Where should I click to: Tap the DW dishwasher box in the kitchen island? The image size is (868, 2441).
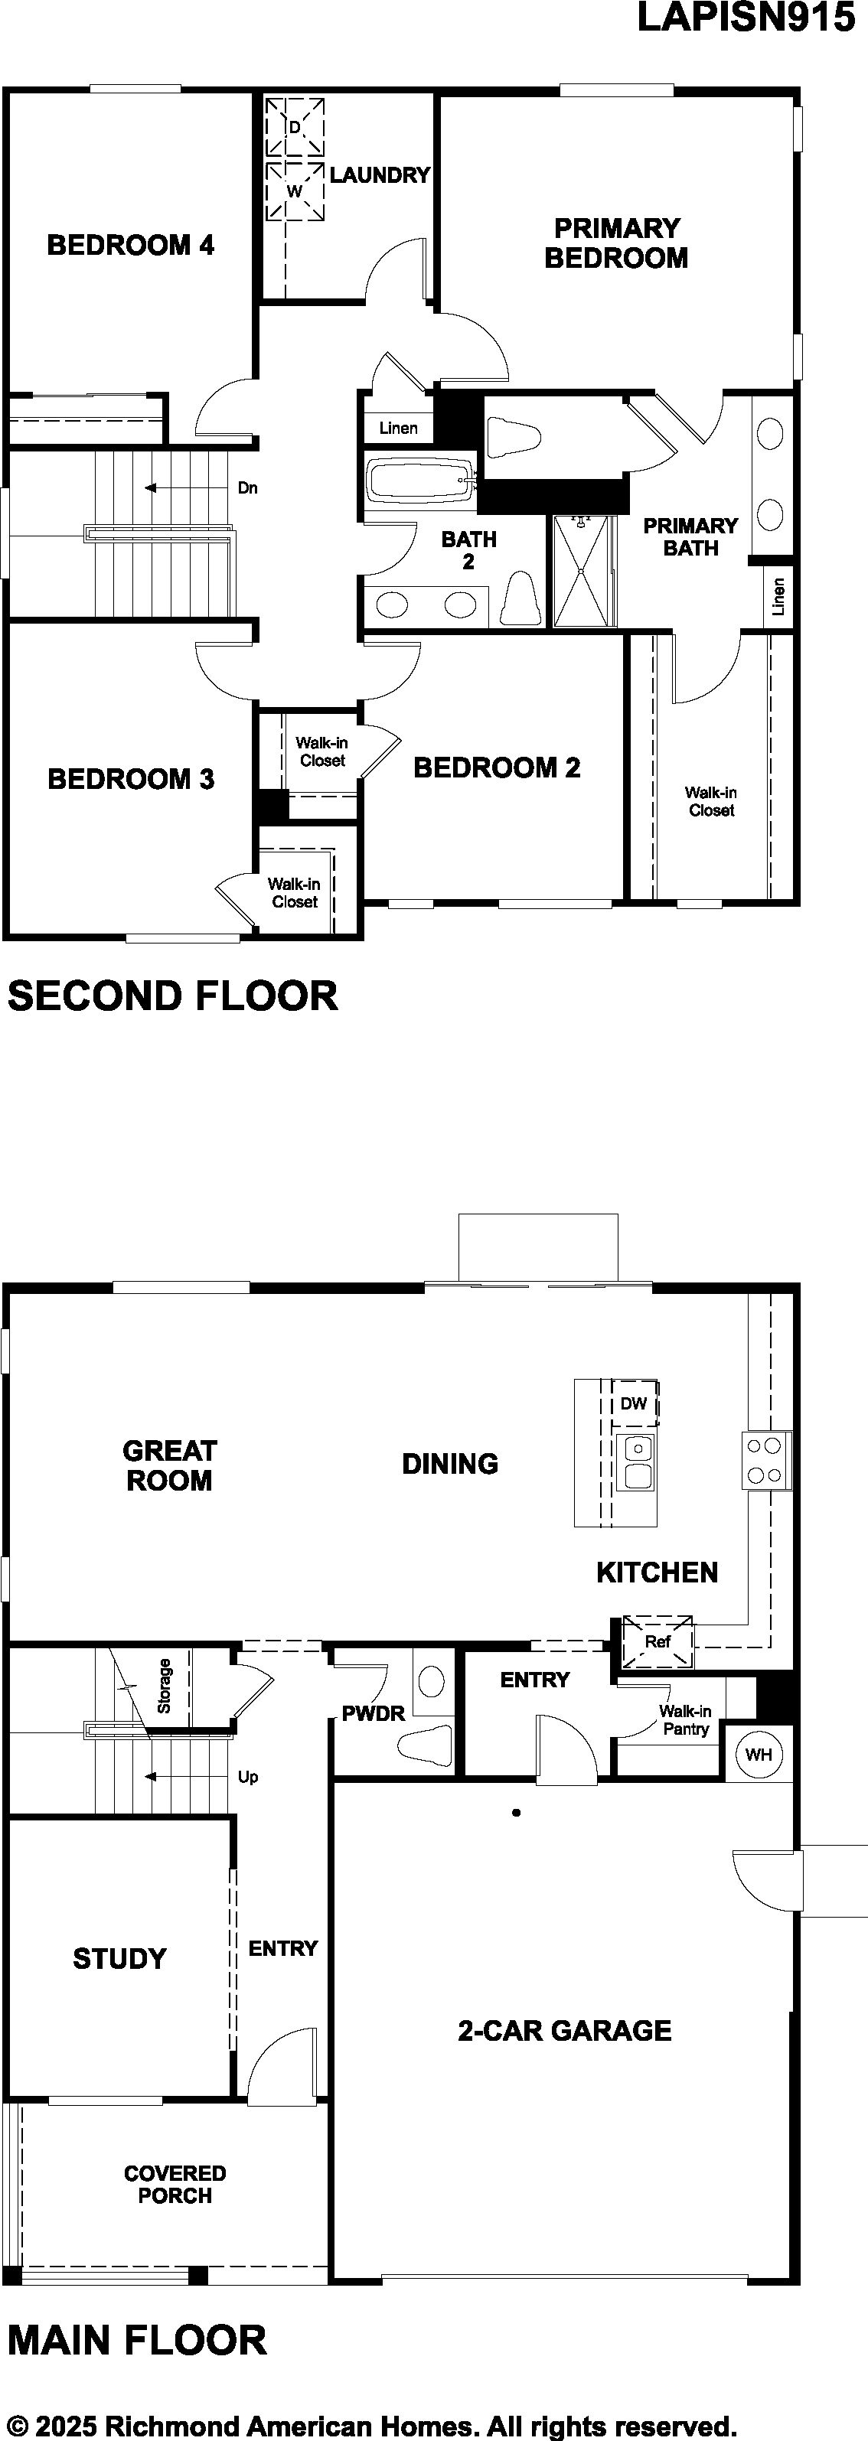tap(634, 1403)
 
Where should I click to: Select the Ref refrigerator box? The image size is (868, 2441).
tap(658, 1642)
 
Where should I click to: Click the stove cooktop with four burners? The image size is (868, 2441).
tap(765, 1460)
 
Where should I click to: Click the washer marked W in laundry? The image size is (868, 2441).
tap(295, 191)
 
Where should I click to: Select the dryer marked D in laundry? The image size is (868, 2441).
tap(295, 126)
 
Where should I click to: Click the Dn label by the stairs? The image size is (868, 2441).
tap(247, 488)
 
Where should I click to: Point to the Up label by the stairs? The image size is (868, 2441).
tap(247, 1777)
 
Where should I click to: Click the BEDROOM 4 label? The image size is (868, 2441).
tap(131, 246)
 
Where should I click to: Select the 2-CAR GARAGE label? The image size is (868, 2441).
tap(565, 2030)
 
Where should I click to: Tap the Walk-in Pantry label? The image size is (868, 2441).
tap(685, 1720)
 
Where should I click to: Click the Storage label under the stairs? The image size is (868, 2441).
tap(164, 1686)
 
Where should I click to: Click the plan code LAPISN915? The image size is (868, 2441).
tap(747, 18)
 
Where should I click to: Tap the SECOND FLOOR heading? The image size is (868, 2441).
tap(172, 996)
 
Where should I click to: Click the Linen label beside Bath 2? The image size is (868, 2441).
tap(398, 429)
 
